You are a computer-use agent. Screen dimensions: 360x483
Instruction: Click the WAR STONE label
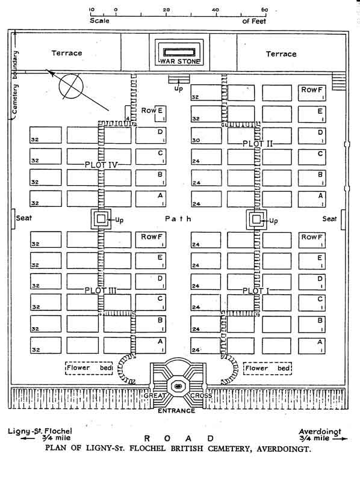179,61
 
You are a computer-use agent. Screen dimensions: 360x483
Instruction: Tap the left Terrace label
67,53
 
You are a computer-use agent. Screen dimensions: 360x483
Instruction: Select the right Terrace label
281,54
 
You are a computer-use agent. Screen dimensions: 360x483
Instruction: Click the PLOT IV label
101,165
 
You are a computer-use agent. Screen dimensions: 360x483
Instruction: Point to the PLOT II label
258,144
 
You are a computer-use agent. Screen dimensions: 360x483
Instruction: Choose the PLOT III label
101,290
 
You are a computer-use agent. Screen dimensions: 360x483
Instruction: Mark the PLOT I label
256,291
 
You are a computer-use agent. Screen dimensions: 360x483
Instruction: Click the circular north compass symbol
71,86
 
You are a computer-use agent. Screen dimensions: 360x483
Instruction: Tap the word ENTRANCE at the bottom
176,411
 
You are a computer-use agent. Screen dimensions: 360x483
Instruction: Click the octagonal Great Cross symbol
178,386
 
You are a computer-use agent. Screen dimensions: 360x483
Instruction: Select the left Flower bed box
88,368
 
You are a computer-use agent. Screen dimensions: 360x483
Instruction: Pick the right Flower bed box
267,368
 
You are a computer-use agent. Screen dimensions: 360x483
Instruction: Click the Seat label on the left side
23,218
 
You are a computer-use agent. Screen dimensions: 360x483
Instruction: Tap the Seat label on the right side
329,219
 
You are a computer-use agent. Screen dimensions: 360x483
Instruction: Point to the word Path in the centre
178,219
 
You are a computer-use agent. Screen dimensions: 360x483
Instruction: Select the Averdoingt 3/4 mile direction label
320,435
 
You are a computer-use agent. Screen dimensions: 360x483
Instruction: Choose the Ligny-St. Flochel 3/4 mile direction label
40,434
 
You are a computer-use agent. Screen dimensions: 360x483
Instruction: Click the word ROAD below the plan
179,438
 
